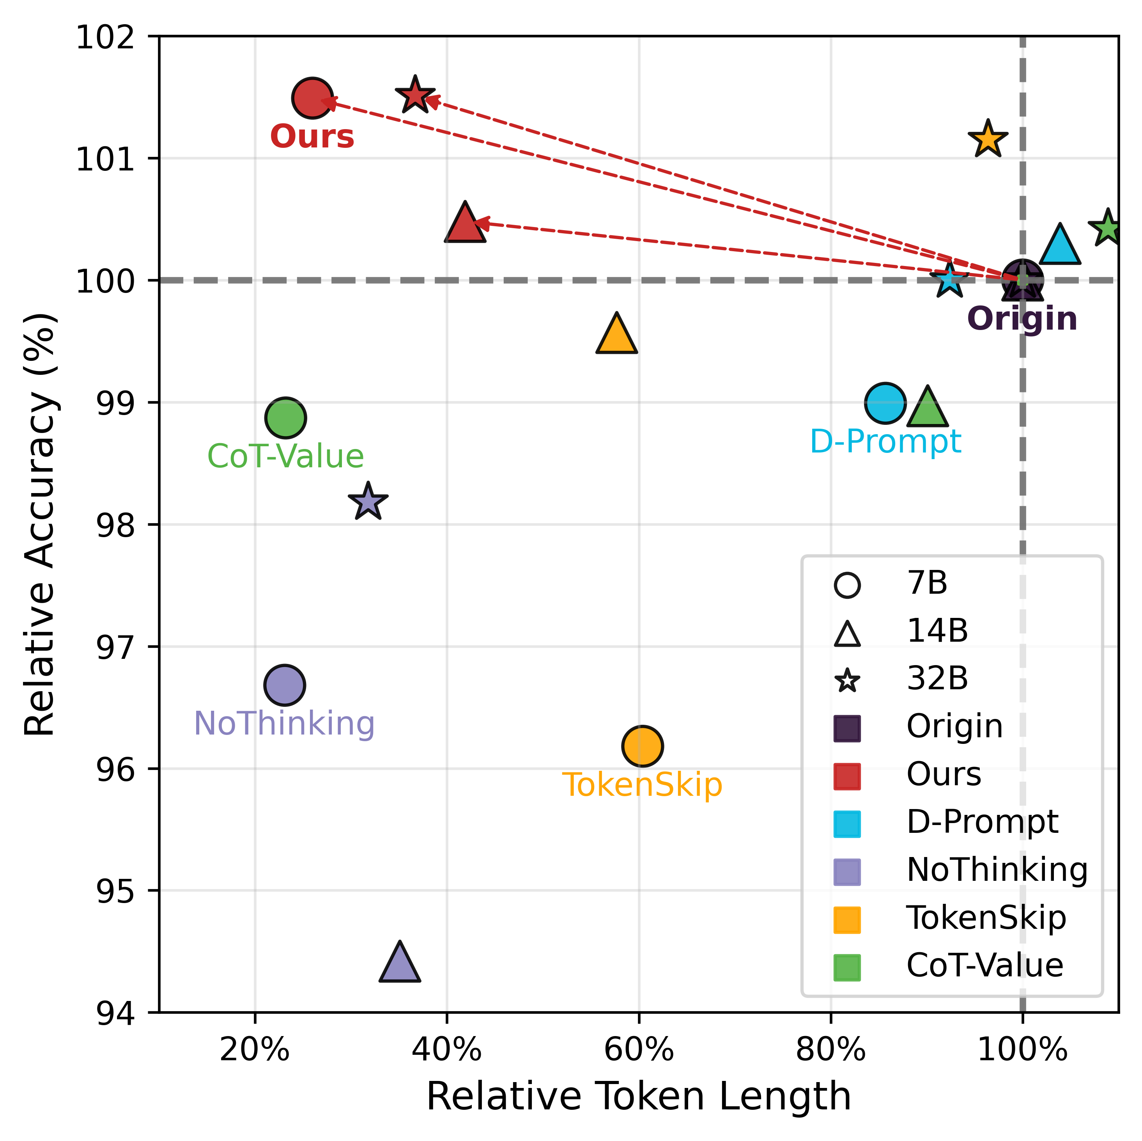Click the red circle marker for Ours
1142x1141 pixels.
click(312, 98)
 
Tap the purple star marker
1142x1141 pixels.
click(368, 502)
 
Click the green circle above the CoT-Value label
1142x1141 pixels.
click(285, 418)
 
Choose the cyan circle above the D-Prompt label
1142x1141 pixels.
click(885, 403)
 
